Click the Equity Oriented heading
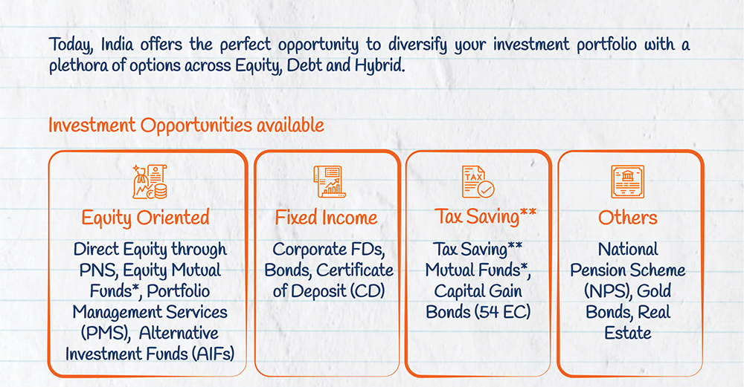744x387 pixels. pyautogui.click(x=145, y=218)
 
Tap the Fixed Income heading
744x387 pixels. pyautogui.click(x=327, y=218)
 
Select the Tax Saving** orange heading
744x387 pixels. pyautogui.click(x=485, y=217)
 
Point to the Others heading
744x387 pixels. pyautogui.click(x=628, y=218)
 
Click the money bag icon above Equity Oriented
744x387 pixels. pyautogui.click(x=150, y=182)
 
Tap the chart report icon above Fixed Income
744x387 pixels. pyautogui.click(x=329, y=182)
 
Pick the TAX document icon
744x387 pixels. pyautogui.click(x=478, y=182)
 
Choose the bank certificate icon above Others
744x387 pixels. pyautogui.click(x=627, y=182)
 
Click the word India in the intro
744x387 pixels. pyautogui.click(x=118, y=45)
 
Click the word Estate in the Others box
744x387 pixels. pyautogui.click(x=628, y=333)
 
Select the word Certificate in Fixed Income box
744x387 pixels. pyautogui.click(x=355, y=270)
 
